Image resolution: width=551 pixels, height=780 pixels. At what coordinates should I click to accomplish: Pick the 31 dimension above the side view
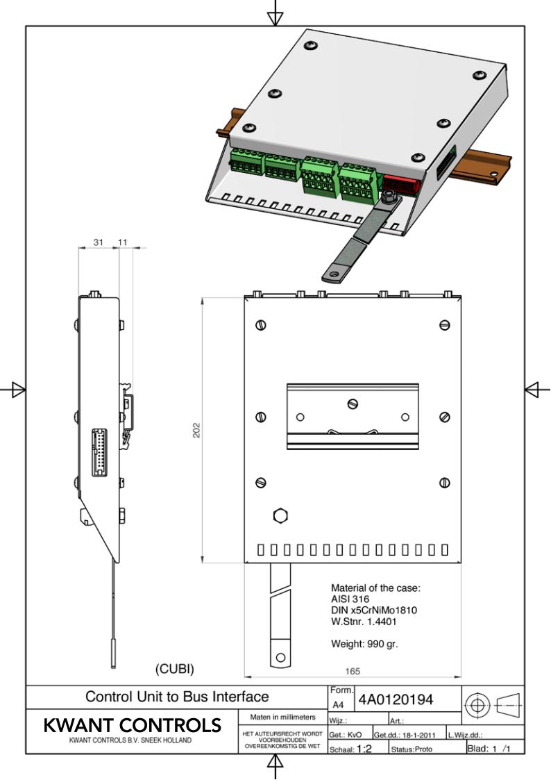click(x=98, y=242)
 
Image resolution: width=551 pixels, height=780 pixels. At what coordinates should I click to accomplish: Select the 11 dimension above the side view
click(x=124, y=242)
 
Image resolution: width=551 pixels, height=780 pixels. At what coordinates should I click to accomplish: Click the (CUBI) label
click(x=173, y=670)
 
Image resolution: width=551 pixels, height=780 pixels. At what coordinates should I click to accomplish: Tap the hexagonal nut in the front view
click(x=280, y=515)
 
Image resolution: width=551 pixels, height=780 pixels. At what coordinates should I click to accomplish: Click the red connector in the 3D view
click(x=400, y=186)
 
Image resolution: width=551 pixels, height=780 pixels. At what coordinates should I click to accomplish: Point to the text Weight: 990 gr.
click(x=364, y=644)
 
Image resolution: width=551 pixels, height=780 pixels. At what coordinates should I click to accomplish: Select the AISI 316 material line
click(x=350, y=599)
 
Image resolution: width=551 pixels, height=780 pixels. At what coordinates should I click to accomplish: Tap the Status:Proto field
click(x=412, y=749)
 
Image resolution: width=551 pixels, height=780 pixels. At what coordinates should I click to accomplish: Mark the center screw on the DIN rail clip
click(x=353, y=404)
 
